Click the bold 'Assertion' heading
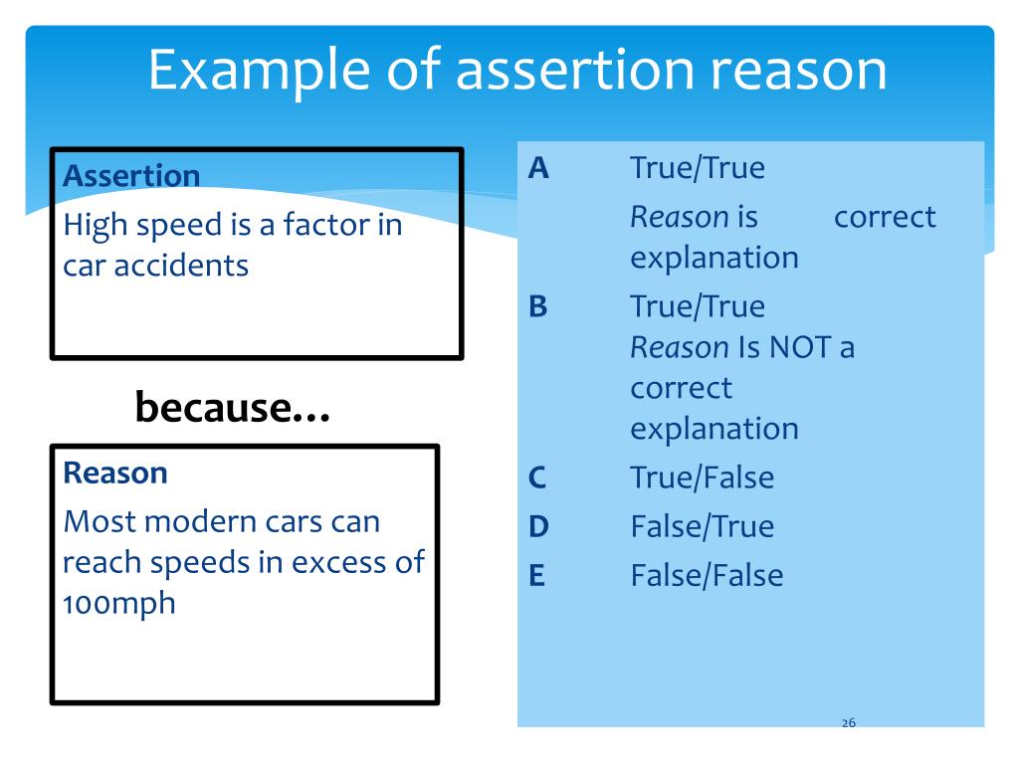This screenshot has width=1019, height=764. (x=130, y=176)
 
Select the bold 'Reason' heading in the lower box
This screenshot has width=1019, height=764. (x=114, y=473)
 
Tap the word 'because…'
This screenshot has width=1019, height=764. (x=233, y=407)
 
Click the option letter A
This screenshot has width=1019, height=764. (x=538, y=168)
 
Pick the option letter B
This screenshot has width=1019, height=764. (x=538, y=306)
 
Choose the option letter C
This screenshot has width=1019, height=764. (x=538, y=477)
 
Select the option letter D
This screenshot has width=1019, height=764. (x=538, y=526)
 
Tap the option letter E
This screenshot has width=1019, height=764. (x=537, y=575)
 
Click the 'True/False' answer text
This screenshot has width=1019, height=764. (x=702, y=477)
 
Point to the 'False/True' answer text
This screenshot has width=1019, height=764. (x=702, y=526)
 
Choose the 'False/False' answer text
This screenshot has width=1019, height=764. (x=707, y=575)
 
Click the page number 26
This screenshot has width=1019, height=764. (x=849, y=722)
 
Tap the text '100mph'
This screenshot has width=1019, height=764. (x=118, y=603)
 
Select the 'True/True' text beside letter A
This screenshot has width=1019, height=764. (x=698, y=168)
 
